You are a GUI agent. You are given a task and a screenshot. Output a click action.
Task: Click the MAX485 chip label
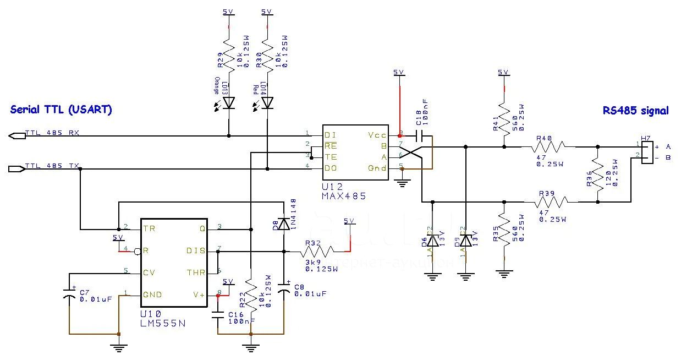coord(344,195)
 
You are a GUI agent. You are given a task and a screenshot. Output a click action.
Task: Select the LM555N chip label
coord(163,323)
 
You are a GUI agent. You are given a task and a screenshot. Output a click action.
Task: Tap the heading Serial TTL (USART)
coord(61,110)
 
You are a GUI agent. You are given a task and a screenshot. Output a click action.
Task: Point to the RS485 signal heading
coord(635,111)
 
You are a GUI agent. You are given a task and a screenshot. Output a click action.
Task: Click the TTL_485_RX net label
coord(52,134)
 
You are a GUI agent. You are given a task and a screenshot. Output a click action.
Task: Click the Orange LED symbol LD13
coord(228,102)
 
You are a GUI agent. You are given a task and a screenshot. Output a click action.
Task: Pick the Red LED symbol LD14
coord(267,102)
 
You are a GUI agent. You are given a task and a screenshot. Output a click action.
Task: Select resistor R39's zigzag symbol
coord(548,202)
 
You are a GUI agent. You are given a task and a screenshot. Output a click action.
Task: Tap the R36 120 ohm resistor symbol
coord(597,174)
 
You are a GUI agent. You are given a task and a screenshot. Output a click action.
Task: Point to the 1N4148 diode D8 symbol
coord(284,223)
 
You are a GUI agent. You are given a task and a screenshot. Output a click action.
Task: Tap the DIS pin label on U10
coord(196,251)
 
